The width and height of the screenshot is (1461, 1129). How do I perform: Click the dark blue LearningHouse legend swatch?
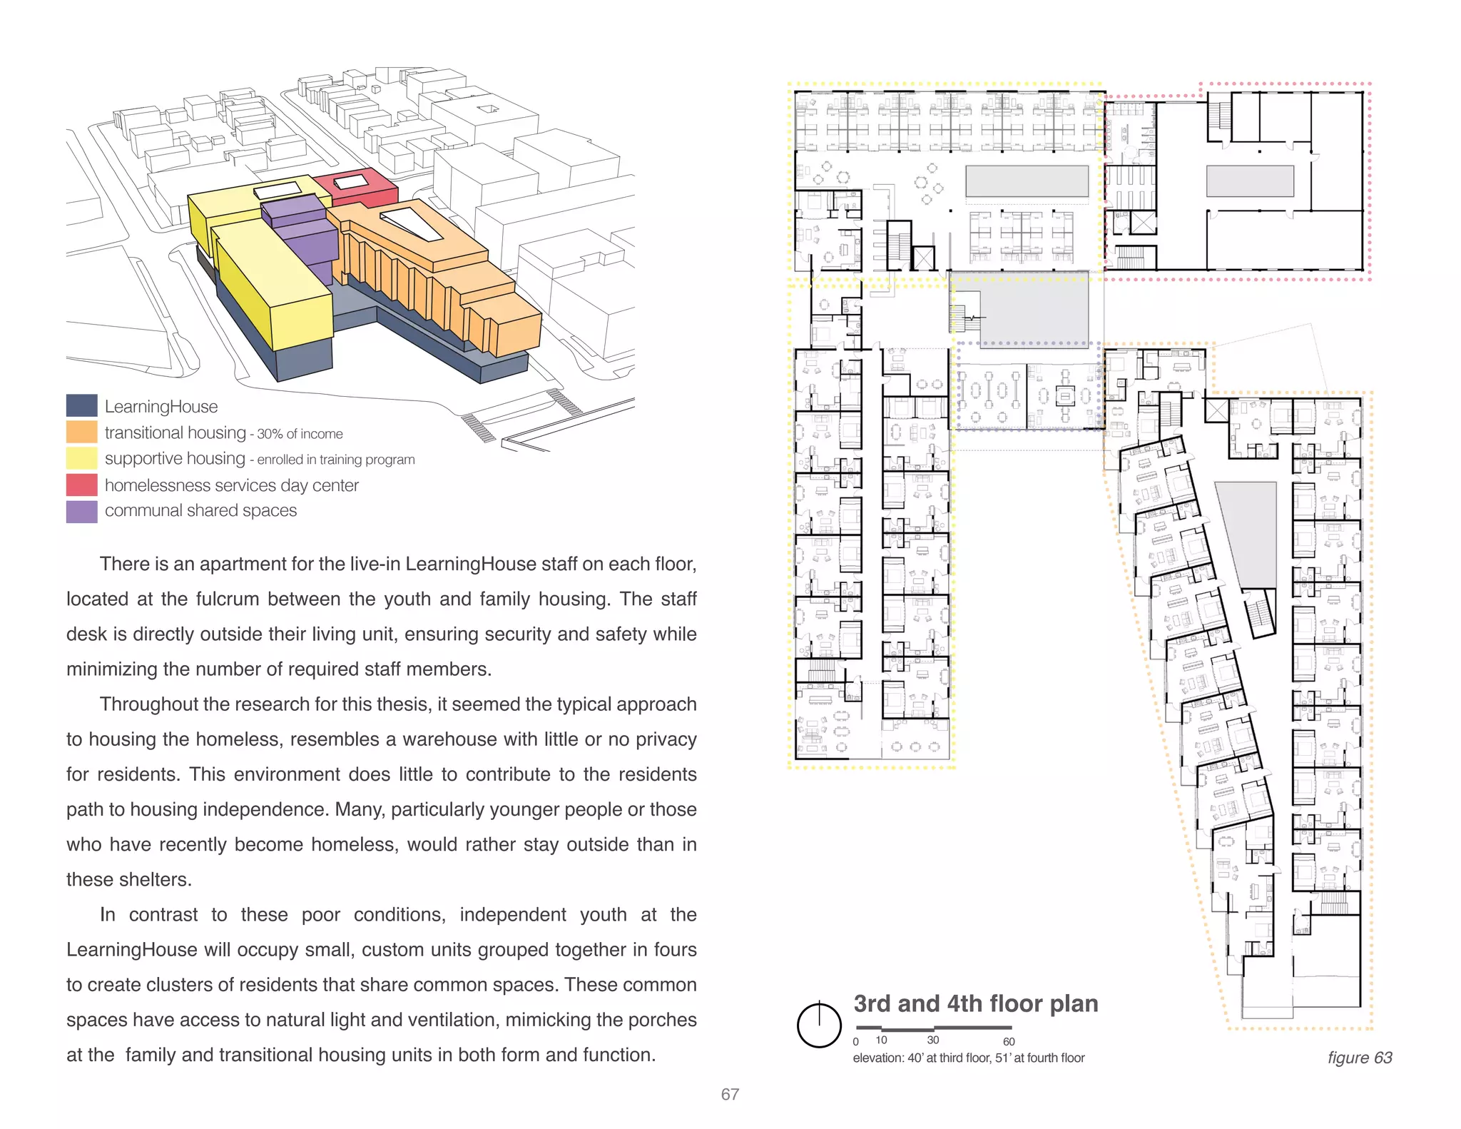click(x=81, y=405)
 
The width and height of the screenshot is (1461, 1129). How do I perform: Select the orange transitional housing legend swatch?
click(x=81, y=432)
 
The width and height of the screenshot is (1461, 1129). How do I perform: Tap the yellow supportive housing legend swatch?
click(x=81, y=458)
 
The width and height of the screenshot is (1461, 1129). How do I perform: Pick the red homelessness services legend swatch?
click(x=81, y=485)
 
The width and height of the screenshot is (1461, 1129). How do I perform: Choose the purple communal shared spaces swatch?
click(x=81, y=511)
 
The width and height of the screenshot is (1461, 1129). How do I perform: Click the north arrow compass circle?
click(x=819, y=1026)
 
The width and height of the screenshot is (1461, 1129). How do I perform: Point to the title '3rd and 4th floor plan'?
click(x=975, y=1003)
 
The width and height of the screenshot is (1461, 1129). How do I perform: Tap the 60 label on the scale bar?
click(x=1008, y=1042)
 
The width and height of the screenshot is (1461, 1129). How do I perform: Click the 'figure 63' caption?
click(x=1359, y=1058)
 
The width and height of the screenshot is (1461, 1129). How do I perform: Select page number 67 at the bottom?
click(x=730, y=1094)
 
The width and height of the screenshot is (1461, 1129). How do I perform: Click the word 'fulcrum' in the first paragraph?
click(x=228, y=599)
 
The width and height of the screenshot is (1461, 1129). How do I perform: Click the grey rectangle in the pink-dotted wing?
click(x=1249, y=181)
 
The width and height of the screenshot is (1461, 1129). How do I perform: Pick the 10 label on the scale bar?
click(x=881, y=1041)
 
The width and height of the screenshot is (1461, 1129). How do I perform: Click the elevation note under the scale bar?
click(x=968, y=1058)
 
